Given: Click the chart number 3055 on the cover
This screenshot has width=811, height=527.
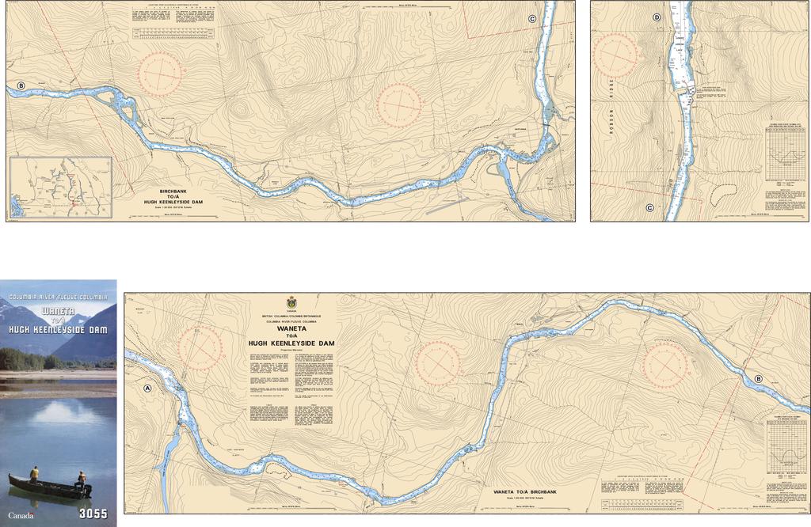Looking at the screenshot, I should point(93,514).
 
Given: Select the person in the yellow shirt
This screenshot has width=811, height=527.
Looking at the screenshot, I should point(34,473).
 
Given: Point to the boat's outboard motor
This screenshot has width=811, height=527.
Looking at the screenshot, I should point(86,490).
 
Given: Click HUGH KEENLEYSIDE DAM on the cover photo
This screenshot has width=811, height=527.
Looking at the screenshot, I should point(58,328).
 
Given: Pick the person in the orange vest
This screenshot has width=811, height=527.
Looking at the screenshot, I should point(81,478).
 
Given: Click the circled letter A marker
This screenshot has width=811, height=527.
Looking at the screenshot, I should point(147,389).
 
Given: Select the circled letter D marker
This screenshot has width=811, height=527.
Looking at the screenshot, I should point(657,17).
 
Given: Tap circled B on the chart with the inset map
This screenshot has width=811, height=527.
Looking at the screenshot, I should point(21,85).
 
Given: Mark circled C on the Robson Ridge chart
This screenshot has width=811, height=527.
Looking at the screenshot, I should point(649,208).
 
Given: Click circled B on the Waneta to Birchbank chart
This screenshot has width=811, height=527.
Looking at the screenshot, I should point(758,379).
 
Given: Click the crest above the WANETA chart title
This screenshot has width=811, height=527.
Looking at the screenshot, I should point(291,303).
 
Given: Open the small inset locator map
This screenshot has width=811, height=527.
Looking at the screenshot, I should point(61,187).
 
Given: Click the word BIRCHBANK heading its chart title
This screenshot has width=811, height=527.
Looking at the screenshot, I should point(173,191).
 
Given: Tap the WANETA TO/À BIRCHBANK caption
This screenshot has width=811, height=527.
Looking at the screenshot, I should point(526,492).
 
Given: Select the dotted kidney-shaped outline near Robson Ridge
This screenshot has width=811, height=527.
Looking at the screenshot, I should point(722,191).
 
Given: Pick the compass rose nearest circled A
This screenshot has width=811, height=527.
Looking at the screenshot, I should point(200,348).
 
